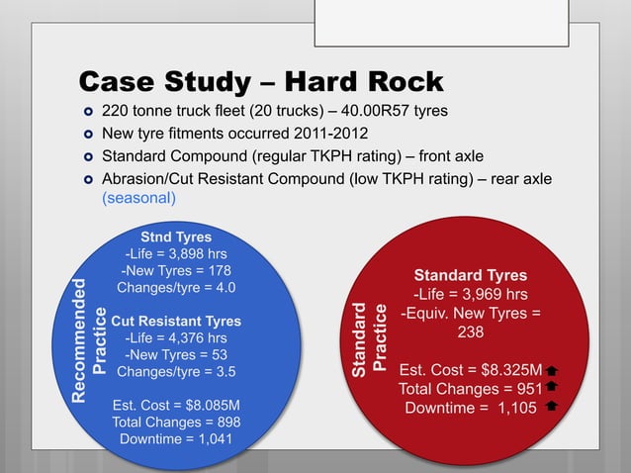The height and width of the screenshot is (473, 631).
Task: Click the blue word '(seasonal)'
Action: click(139, 197)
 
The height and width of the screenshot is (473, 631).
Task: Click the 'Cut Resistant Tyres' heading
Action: click(176, 322)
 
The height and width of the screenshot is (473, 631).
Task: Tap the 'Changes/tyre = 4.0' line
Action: click(176, 288)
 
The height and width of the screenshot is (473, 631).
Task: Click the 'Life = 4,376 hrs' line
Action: click(176, 338)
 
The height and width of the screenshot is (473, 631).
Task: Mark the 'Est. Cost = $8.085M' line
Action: click(176, 405)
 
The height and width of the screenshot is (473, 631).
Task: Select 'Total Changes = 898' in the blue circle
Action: click(176, 423)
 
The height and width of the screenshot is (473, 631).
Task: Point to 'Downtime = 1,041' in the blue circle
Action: click(176, 439)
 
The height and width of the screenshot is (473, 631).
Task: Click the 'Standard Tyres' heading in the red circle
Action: click(470, 275)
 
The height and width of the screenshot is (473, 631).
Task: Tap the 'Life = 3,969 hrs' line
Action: click(470, 294)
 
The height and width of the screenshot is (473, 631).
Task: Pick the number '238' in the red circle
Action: click(470, 332)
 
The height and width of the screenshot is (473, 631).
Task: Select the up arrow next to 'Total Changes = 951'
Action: click(552, 389)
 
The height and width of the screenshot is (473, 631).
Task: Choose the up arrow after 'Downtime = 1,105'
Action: click(552, 407)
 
